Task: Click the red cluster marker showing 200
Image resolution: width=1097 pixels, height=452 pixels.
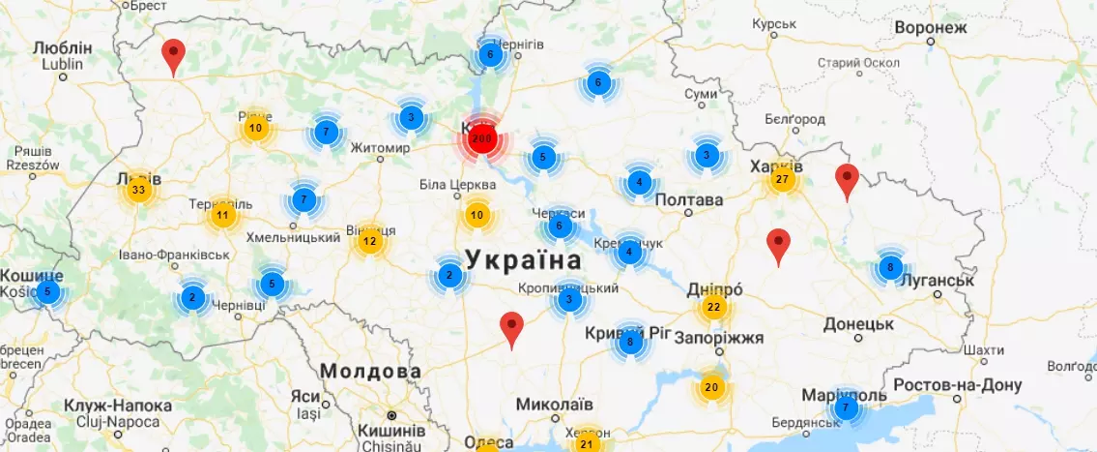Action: click(x=481, y=139)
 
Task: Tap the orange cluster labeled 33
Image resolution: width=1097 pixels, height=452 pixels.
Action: click(x=138, y=189)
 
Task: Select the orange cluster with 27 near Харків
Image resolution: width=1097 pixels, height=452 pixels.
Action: click(x=782, y=179)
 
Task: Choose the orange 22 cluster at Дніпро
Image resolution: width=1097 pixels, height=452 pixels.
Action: click(x=713, y=308)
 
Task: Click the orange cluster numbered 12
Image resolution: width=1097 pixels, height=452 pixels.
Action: click(x=368, y=240)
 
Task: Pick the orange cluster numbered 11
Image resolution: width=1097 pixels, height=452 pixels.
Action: click(x=223, y=215)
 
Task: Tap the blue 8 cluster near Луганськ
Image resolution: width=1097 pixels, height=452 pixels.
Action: click(x=889, y=267)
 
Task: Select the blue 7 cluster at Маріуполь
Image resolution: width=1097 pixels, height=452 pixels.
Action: click(x=847, y=407)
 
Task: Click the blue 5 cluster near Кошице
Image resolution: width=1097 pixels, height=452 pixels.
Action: click(x=48, y=291)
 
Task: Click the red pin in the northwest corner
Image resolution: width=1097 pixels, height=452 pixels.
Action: click(x=173, y=56)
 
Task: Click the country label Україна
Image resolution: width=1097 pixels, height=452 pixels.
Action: click(x=523, y=259)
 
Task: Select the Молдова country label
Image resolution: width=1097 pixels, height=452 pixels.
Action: click(x=370, y=371)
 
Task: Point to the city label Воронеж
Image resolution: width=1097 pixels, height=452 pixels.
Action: click(x=930, y=28)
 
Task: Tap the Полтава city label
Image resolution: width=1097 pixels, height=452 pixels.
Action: click(x=688, y=200)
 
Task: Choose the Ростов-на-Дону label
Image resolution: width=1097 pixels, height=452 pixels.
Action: click(x=956, y=384)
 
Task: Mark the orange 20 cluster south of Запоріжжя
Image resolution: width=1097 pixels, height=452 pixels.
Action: click(x=711, y=387)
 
